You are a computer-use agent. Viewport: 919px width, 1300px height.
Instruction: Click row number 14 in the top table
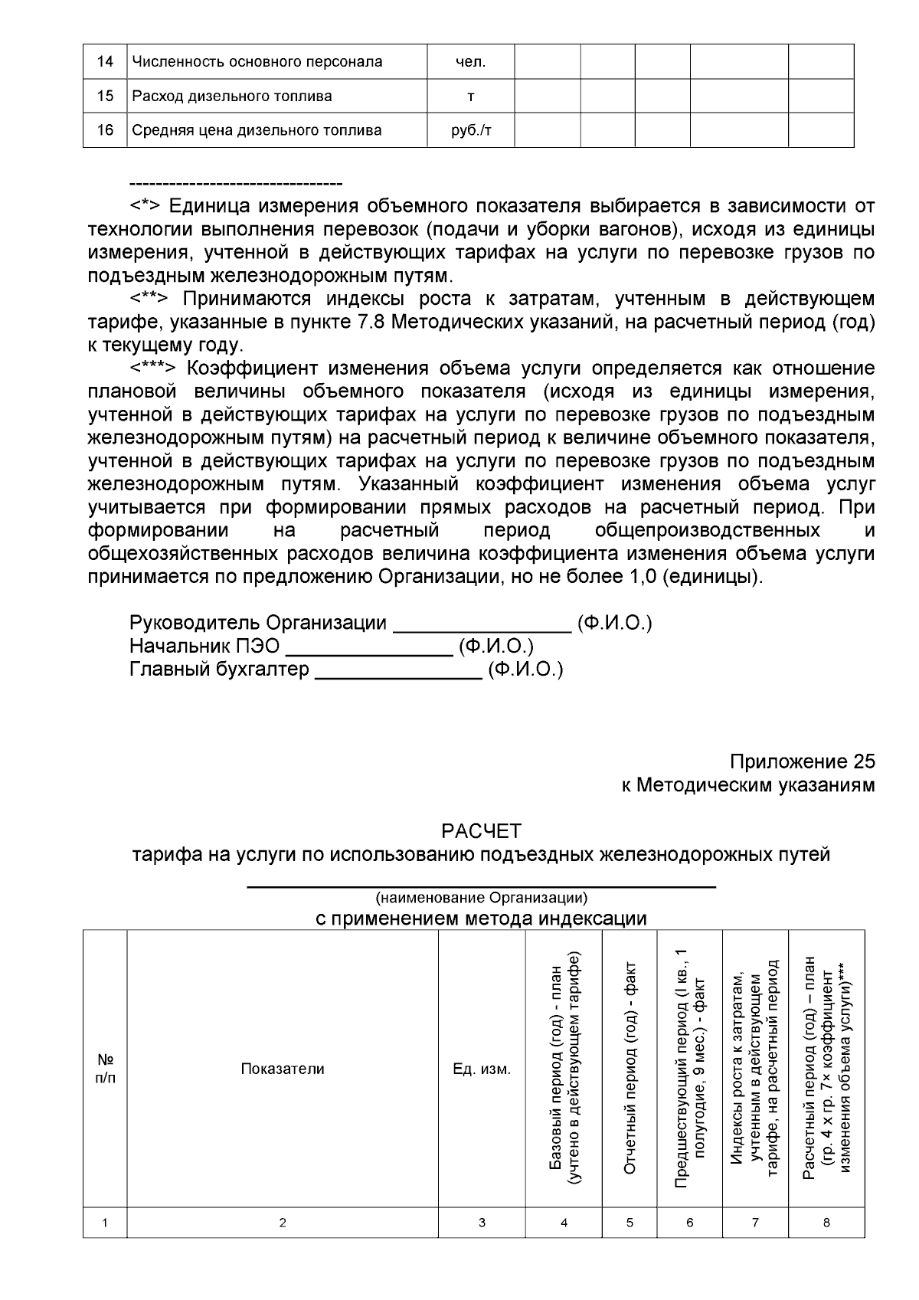point(105,61)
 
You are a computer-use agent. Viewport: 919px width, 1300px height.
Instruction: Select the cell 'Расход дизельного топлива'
point(232,96)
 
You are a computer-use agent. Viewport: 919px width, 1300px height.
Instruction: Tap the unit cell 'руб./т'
point(470,130)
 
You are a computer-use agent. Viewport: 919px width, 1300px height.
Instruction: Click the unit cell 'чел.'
point(470,61)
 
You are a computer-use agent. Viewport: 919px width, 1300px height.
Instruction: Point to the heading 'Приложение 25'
point(802,762)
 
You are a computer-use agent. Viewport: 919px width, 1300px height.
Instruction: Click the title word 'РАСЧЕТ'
point(481,831)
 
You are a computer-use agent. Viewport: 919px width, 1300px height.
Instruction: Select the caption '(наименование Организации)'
point(481,897)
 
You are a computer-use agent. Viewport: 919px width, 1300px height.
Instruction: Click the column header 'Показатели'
point(283,1069)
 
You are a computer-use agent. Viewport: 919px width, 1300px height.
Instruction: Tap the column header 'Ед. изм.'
point(482,1069)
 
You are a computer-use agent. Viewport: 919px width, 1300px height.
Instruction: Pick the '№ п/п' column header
point(105,1069)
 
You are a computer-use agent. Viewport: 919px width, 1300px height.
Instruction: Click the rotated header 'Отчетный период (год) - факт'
point(630,1069)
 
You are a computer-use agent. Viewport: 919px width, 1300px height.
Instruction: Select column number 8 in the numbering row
point(826,1223)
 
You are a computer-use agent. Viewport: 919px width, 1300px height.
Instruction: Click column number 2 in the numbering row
point(283,1223)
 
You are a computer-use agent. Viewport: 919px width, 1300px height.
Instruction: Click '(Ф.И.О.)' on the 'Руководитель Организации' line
point(614,623)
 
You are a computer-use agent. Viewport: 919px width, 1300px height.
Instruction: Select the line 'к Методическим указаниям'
point(747,785)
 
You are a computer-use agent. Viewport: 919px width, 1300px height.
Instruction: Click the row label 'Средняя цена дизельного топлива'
point(257,130)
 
